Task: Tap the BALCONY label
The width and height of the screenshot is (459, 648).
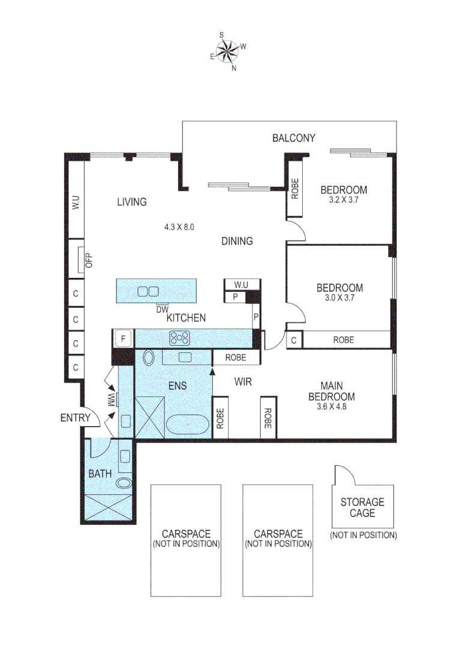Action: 294,138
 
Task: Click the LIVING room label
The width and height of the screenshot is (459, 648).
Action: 132,202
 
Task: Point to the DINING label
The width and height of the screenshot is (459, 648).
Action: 237,241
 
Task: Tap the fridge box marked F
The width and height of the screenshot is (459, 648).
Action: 123,339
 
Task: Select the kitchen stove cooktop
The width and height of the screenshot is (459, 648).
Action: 180,338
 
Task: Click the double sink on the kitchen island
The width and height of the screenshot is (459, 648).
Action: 148,292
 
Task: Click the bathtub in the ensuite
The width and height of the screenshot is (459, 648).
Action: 188,426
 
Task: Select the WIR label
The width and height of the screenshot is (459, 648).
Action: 243,381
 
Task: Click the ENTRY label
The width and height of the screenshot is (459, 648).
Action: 76,418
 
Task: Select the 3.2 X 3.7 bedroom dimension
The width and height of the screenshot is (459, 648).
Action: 343,200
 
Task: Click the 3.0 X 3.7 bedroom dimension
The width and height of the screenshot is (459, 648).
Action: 339,298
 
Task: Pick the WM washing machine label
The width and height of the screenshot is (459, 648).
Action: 111,400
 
